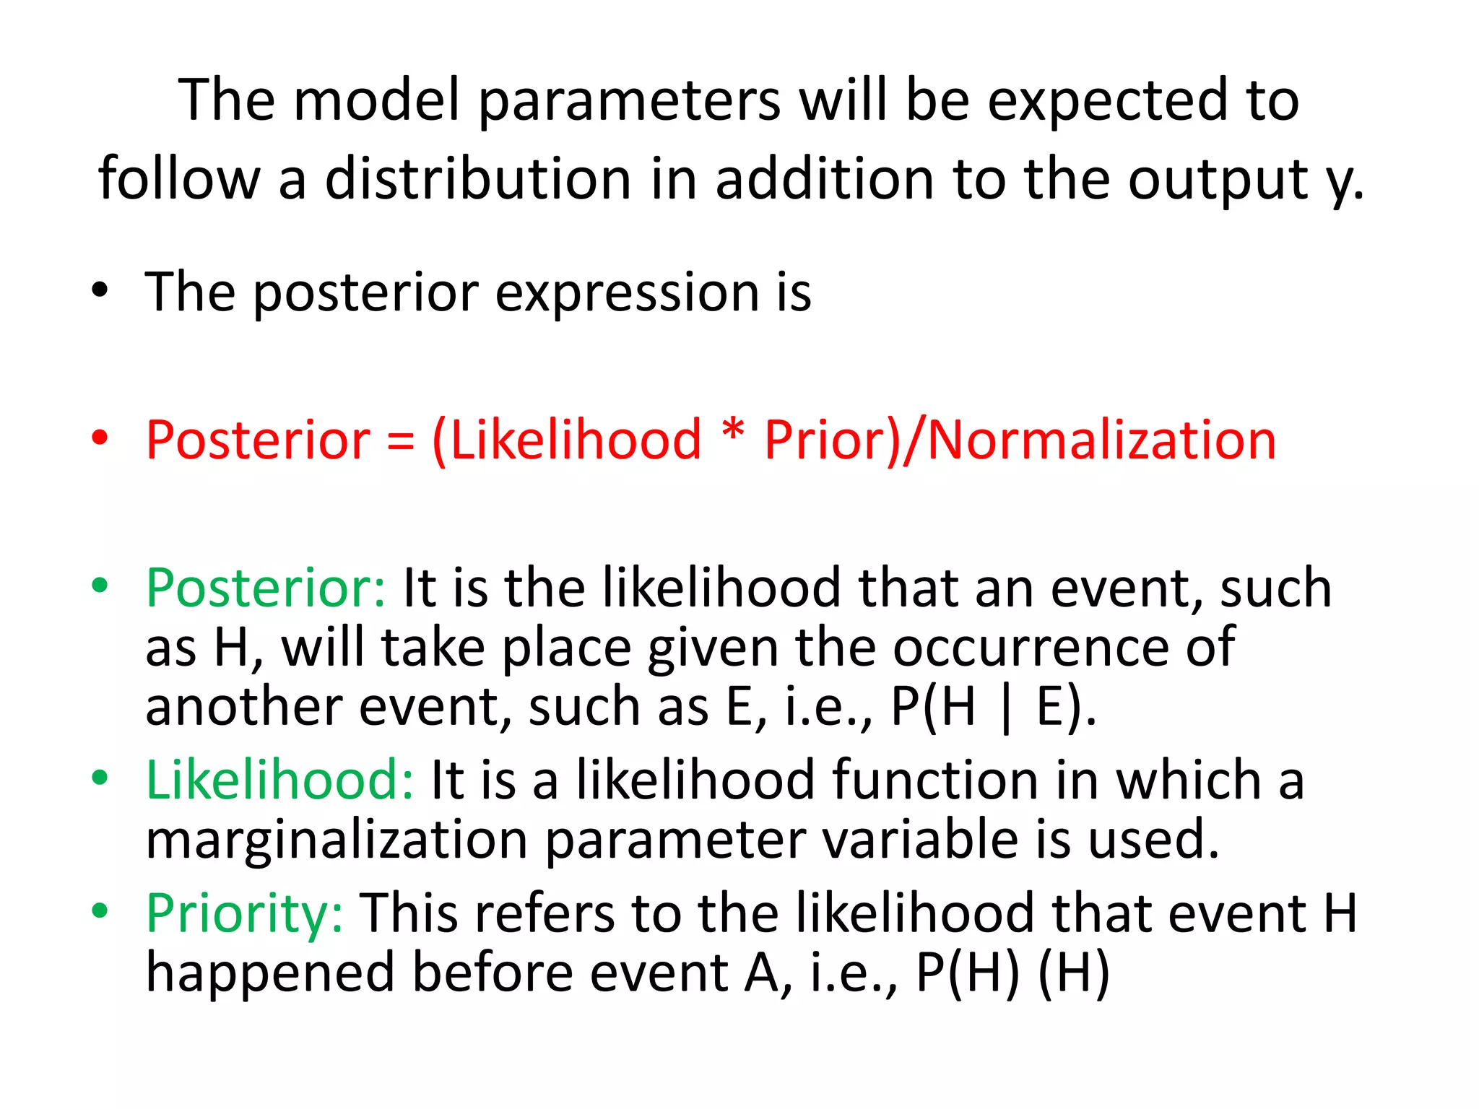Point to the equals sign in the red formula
click(401, 440)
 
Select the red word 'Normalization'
click(1101, 440)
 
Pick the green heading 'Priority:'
click(245, 913)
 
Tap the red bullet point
click(100, 438)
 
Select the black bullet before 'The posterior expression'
click(100, 290)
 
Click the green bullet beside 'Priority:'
click(100, 910)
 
